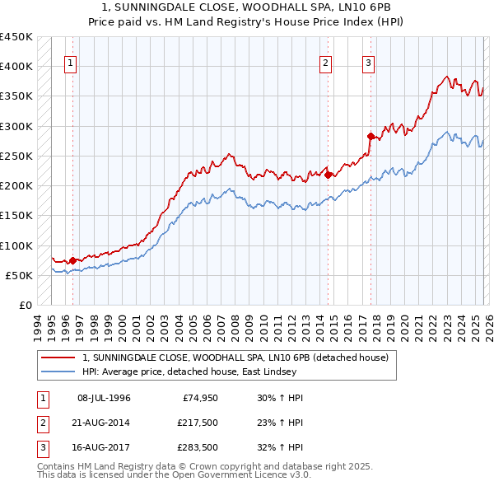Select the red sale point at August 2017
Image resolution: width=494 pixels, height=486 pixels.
click(x=370, y=136)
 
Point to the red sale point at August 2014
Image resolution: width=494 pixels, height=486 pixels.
click(x=328, y=175)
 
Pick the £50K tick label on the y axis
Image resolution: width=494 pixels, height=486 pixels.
click(x=19, y=275)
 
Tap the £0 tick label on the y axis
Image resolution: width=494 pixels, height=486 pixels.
click(x=26, y=306)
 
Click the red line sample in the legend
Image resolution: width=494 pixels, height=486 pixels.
click(x=58, y=357)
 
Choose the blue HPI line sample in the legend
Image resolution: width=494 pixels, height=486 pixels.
click(x=58, y=372)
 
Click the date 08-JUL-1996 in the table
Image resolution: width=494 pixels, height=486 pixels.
click(x=104, y=399)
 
